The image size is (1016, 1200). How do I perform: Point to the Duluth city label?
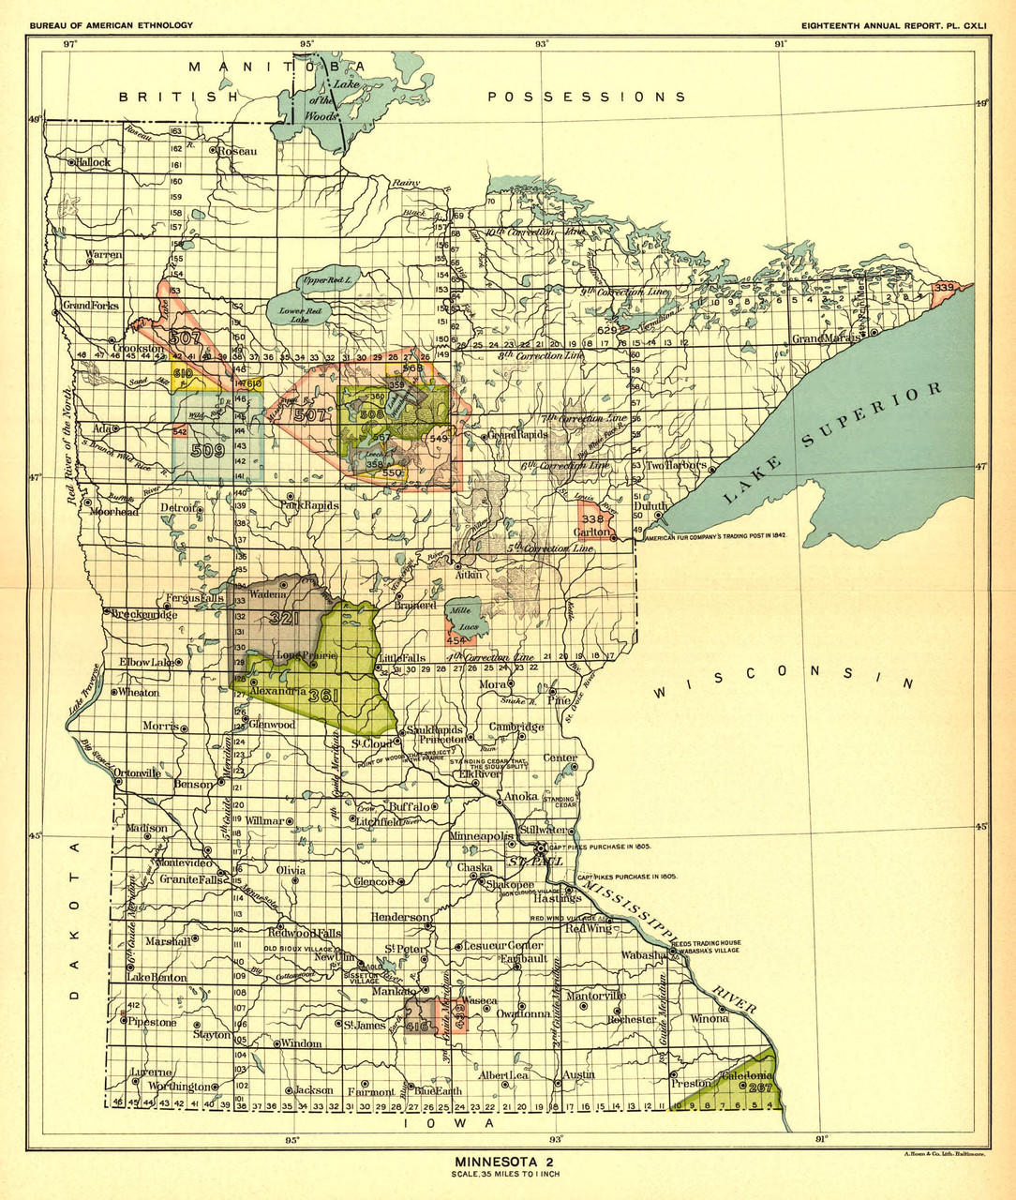[x=651, y=506]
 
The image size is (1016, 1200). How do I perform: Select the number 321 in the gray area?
[x=284, y=619]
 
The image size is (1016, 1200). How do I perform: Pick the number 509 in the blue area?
[x=207, y=450]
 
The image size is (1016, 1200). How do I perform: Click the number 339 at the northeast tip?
[x=943, y=286]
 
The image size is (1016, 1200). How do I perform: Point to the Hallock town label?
[x=94, y=162]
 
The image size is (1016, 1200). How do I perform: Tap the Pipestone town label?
[x=152, y=1023]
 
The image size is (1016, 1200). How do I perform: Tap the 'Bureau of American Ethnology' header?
[x=112, y=25]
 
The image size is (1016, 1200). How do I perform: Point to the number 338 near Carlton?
[x=592, y=518]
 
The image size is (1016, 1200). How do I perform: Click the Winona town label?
[x=710, y=1019]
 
